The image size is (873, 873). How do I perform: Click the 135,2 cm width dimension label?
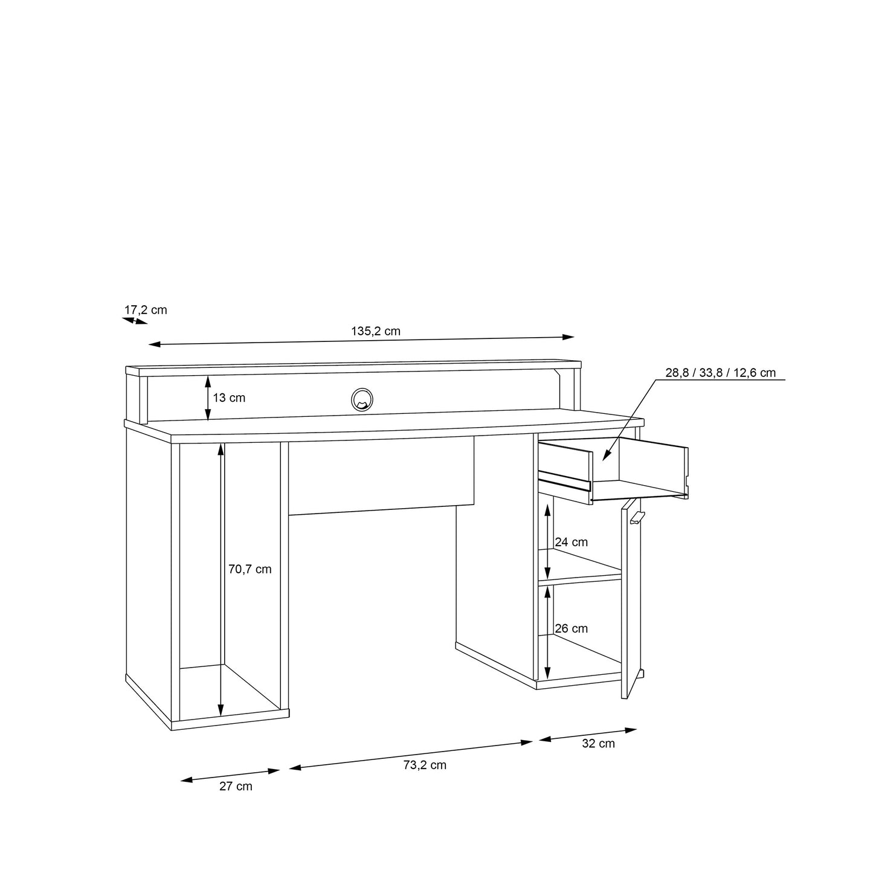[x=375, y=331]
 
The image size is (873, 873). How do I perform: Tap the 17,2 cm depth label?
[x=146, y=310]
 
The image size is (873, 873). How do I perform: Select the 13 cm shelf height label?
[x=229, y=398]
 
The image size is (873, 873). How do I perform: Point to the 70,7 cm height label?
[x=250, y=569]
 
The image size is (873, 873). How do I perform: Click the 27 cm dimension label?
[x=235, y=786]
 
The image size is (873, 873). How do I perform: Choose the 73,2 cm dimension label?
[x=424, y=765]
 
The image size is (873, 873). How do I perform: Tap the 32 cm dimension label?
[x=598, y=744]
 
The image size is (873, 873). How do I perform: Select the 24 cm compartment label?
[x=571, y=543]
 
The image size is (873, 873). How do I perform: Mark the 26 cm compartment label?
[x=571, y=628]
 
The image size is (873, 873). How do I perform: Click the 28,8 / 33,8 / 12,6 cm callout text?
[x=720, y=373]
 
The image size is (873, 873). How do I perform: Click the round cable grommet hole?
[x=362, y=399]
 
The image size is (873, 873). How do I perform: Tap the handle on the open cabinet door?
[x=637, y=517]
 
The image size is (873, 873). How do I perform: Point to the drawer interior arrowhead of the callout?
[x=606, y=457]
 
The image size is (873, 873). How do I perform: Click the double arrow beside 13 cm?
[x=208, y=398]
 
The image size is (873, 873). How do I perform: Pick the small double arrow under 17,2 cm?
[x=135, y=321]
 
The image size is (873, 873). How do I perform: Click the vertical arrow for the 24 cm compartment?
[x=547, y=542]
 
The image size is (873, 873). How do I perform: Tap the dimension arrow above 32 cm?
[x=588, y=735]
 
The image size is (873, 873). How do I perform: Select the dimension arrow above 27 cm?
[x=230, y=775]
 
